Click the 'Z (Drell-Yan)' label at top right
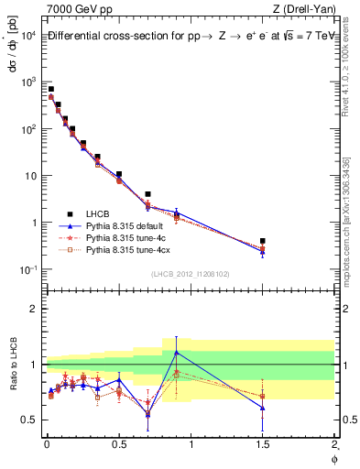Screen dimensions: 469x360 pyautogui.click(x=306, y=8)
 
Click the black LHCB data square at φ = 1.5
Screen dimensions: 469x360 pyautogui.click(x=262, y=241)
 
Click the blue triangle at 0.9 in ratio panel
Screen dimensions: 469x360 pyautogui.click(x=176, y=352)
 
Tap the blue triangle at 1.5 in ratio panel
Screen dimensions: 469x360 pyautogui.click(x=262, y=408)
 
